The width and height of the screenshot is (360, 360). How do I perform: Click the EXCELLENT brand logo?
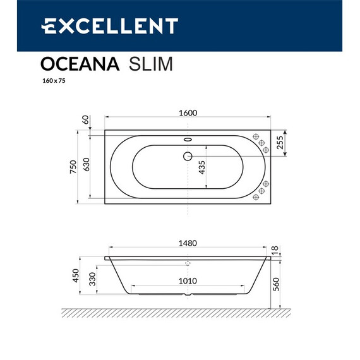coord(109,25)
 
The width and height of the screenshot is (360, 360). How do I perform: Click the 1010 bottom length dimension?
coord(188,281)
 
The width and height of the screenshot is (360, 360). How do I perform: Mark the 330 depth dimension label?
coord(92,279)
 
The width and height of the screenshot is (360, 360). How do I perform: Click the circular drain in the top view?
coord(188,156)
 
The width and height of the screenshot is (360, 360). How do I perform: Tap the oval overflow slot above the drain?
coord(188,141)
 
